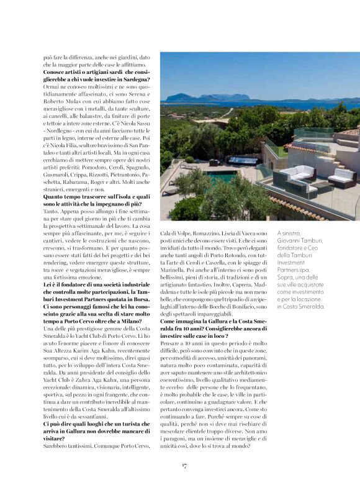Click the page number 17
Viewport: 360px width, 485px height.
184,465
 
